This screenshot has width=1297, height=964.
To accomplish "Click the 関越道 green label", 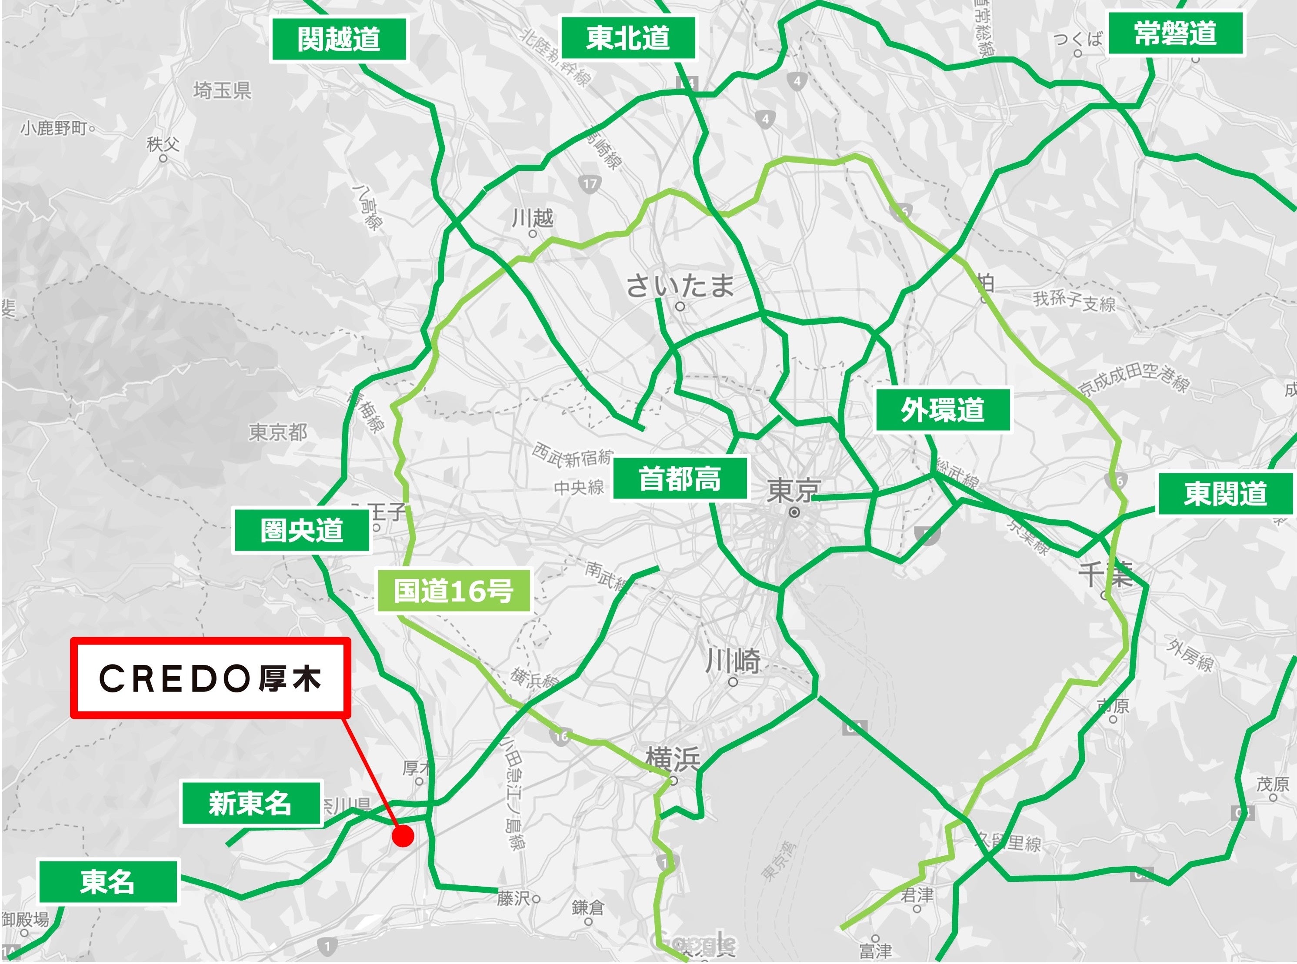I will [x=339, y=39].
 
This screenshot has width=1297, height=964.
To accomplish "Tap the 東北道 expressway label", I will [x=628, y=38].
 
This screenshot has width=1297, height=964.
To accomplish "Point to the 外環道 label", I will [x=942, y=410].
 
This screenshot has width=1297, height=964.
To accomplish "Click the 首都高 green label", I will [x=680, y=479].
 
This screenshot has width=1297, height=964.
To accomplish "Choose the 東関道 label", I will [x=1225, y=494].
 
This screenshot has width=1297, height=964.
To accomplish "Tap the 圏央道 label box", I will [x=302, y=530].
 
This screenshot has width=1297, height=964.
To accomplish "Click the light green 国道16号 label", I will [x=453, y=591].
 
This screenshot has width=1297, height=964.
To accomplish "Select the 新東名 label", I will [x=250, y=804].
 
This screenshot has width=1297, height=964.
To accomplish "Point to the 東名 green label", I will [x=108, y=881].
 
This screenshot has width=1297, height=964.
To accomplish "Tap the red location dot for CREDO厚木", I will [x=403, y=836].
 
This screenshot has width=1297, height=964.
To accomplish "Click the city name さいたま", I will [x=680, y=286].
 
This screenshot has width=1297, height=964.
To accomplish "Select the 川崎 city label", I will [x=733, y=661].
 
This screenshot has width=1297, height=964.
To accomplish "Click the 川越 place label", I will [x=532, y=218].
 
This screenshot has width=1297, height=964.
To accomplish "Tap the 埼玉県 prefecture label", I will [x=222, y=90].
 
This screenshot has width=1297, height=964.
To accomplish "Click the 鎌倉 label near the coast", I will [x=588, y=907].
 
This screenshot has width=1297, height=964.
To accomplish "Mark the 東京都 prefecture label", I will [x=278, y=432].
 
